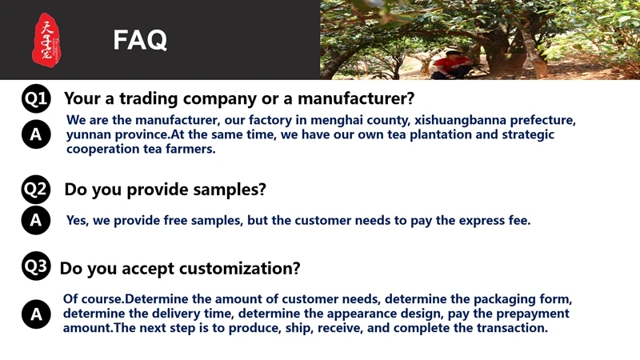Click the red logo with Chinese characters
point(46,40)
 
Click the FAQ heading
point(140,40)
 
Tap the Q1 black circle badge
point(36,98)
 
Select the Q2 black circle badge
point(36,189)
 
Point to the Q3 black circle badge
point(36,266)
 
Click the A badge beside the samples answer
point(36,221)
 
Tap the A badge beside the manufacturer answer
point(36,134)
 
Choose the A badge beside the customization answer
point(36,314)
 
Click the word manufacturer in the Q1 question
point(356,98)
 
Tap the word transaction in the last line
point(512,328)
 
